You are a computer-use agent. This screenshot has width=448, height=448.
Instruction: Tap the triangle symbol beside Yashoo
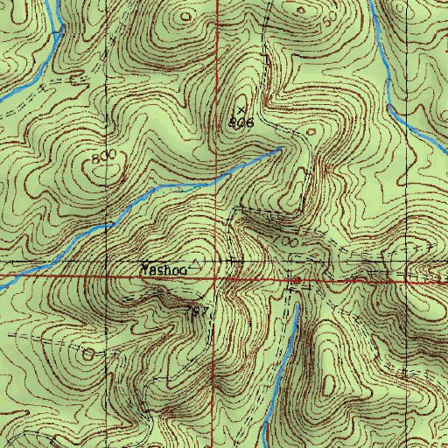[x=196, y=262]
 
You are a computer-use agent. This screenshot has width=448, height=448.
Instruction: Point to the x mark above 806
[x=241, y=110]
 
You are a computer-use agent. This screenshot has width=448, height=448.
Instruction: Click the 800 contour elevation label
[x=103, y=157]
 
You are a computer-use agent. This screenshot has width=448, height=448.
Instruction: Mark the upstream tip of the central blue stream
[x=279, y=150]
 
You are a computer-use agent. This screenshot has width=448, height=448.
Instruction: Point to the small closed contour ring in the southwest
[x=87, y=354]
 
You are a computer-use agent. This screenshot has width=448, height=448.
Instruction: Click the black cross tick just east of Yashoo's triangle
[x=232, y=261]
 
